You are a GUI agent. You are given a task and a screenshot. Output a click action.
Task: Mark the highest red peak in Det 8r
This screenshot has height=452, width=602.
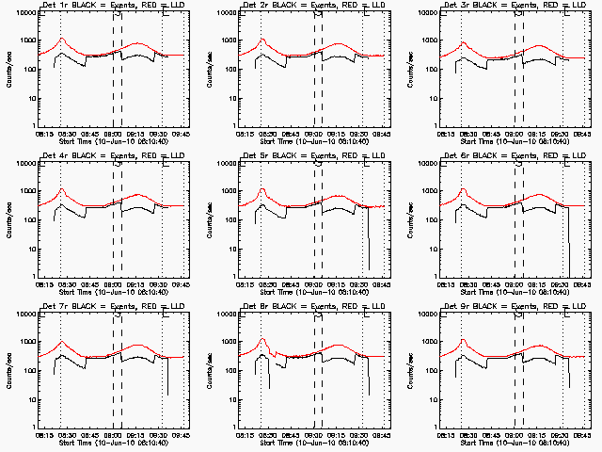261,339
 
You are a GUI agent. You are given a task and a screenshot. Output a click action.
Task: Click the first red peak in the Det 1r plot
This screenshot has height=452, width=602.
62,39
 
